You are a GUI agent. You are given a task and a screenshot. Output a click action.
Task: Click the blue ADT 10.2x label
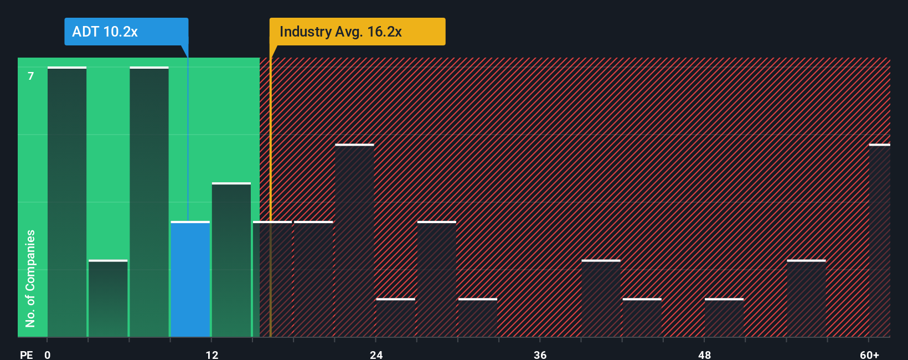pyautogui.click(x=126, y=32)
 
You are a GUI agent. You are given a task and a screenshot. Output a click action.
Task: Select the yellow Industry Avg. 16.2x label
pyautogui.click(x=357, y=32)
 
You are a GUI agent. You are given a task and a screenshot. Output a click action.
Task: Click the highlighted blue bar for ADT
pyautogui.click(x=190, y=280)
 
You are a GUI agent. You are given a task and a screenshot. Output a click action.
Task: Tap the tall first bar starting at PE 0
pyautogui.click(x=67, y=202)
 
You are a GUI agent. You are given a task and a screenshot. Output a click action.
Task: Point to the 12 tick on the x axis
pyautogui.click(x=212, y=354)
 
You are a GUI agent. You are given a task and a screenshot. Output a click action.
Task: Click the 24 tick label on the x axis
pyautogui.click(x=376, y=354)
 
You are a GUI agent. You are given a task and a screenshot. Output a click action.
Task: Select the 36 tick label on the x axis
pyautogui.click(x=540, y=354)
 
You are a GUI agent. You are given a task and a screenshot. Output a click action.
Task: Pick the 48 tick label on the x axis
pyautogui.click(x=704, y=354)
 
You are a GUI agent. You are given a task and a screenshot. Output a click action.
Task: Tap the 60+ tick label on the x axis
pyautogui.click(x=869, y=354)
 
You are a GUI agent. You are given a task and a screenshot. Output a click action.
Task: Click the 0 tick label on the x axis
pyautogui.click(x=48, y=354)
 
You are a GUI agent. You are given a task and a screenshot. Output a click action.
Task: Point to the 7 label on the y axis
pyautogui.click(x=31, y=76)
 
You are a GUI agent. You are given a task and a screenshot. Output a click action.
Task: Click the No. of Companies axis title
pyautogui.click(x=30, y=278)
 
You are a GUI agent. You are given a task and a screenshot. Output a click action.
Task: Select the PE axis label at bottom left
pyautogui.click(x=27, y=354)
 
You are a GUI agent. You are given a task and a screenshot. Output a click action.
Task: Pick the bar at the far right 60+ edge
pyautogui.click(x=879, y=241)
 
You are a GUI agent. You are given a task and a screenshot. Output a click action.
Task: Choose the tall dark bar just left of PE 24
pyautogui.click(x=354, y=241)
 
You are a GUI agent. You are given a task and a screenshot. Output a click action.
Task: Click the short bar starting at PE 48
pyautogui.click(x=724, y=318)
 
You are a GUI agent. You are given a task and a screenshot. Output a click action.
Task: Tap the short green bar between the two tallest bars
pyautogui.click(x=108, y=299)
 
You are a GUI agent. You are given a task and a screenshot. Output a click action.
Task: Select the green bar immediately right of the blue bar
pyautogui.click(x=231, y=260)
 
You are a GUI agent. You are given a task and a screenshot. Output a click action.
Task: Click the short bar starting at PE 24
pyautogui.click(x=395, y=318)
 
